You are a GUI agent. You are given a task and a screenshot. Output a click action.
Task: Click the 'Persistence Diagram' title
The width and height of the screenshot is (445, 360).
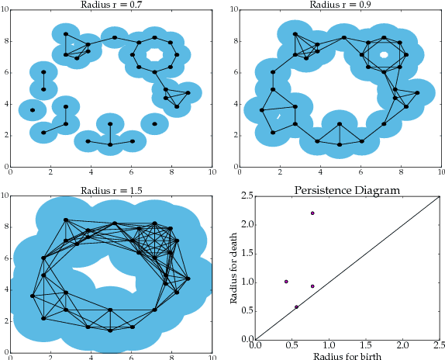[x=347, y=189]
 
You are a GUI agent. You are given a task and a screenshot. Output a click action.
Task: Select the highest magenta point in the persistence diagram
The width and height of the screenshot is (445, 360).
[x=312, y=213]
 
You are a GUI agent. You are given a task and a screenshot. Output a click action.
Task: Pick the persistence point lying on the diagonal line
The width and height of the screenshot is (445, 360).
[x=296, y=307]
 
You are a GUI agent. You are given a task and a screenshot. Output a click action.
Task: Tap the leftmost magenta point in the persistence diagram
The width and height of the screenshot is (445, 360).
[x=286, y=282]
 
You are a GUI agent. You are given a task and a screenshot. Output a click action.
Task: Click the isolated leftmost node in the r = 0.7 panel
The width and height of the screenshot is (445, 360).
[x=33, y=110]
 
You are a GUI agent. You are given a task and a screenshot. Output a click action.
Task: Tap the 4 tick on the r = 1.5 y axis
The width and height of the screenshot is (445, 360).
[x=8, y=288]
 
